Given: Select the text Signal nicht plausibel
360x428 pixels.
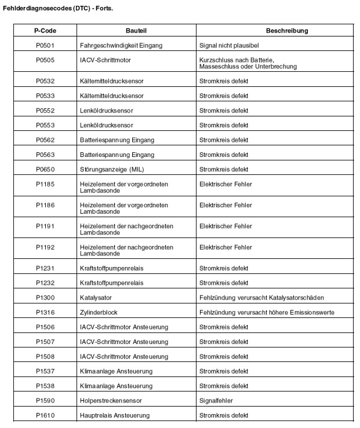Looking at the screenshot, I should (228, 45).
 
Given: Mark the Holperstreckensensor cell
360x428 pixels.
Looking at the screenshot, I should (111, 401).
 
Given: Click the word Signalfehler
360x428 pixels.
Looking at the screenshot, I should (217, 401).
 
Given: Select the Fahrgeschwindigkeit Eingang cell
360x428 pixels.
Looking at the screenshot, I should (121, 45).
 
